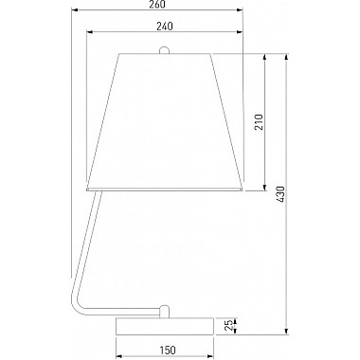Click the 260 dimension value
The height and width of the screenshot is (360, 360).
(156, 5)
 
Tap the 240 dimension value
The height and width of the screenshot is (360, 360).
(165, 27)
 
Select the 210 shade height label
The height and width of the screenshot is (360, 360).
(259, 122)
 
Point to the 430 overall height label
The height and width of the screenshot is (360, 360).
(280, 194)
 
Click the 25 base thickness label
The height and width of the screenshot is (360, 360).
(228, 326)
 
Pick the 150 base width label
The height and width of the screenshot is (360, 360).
(168, 350)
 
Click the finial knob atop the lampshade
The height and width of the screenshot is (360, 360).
(164, 50)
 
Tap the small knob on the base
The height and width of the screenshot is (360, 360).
(164, 311)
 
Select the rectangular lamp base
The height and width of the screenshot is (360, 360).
(165, 326)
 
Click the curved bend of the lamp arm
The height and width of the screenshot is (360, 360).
(76, 301)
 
